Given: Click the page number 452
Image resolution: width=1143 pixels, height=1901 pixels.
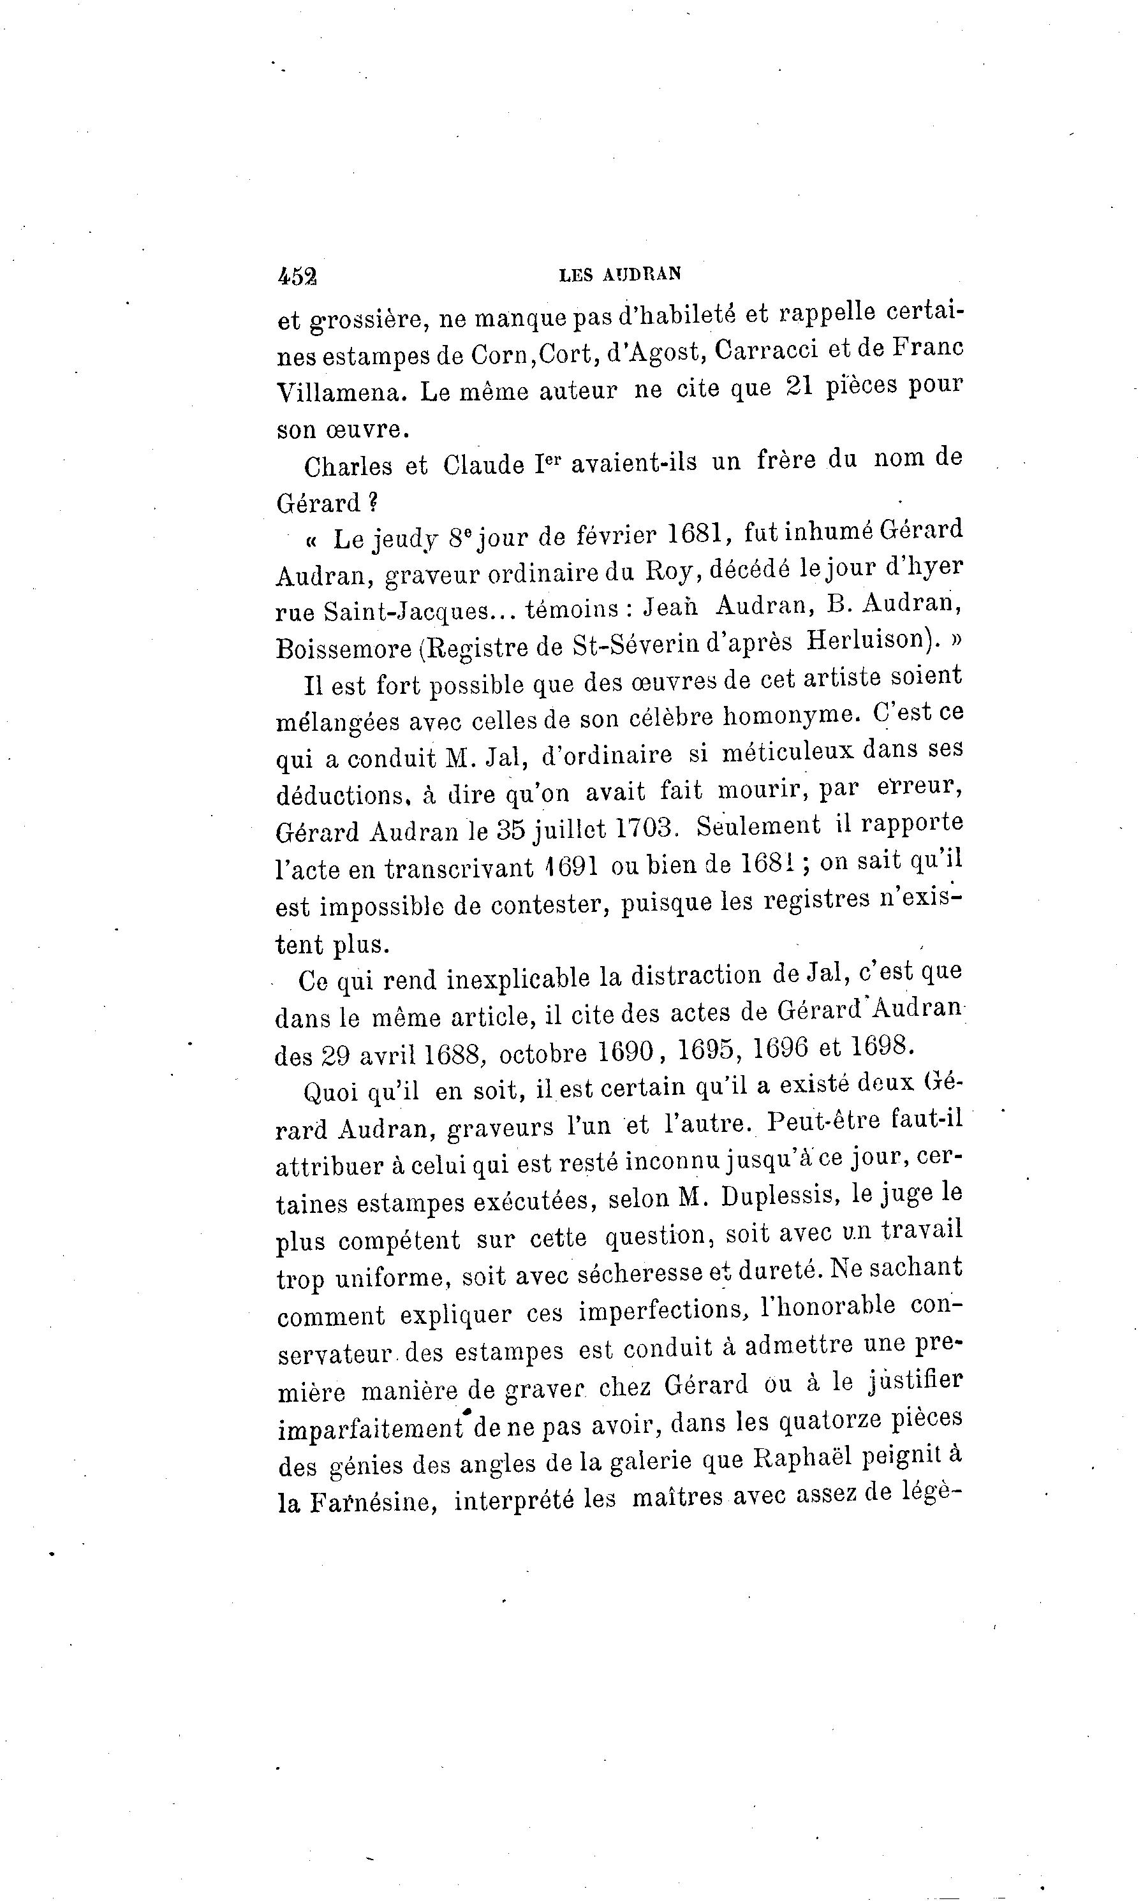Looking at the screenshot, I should (297, 275).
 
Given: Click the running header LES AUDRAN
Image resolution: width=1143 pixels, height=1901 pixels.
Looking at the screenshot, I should (620, 274).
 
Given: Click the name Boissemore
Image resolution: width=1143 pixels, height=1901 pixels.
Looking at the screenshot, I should (344, 649).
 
